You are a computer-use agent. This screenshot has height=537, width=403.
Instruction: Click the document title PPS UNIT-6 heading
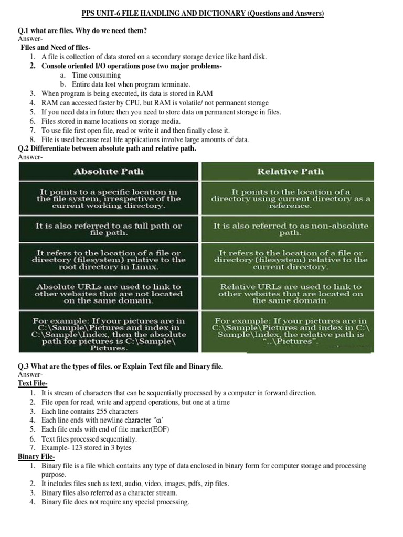(203, 14)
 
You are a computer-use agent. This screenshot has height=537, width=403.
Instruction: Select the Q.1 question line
(82, 31)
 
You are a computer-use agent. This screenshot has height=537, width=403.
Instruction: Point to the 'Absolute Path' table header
(109, 171)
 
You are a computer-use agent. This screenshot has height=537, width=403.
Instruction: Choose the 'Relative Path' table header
(290, 171)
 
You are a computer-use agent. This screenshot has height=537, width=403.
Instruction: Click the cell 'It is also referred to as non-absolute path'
(290, 229)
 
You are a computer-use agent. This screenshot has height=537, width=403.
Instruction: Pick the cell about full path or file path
(109, 229)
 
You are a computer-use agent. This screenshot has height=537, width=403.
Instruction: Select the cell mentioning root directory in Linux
(109, 260)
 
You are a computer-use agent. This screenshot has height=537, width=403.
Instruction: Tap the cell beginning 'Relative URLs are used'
(290, 294)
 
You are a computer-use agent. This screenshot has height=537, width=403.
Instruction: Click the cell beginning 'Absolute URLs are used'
(109, 294)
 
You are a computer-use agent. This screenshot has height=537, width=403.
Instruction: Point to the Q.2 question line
(107, 148)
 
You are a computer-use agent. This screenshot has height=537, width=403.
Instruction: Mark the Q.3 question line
(121, 366)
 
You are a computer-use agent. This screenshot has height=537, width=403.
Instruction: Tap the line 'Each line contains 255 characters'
(90, 412)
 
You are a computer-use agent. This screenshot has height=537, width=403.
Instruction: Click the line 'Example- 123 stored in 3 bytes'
(87, 448)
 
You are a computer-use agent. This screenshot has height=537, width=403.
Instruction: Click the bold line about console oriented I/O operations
(132, 66)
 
